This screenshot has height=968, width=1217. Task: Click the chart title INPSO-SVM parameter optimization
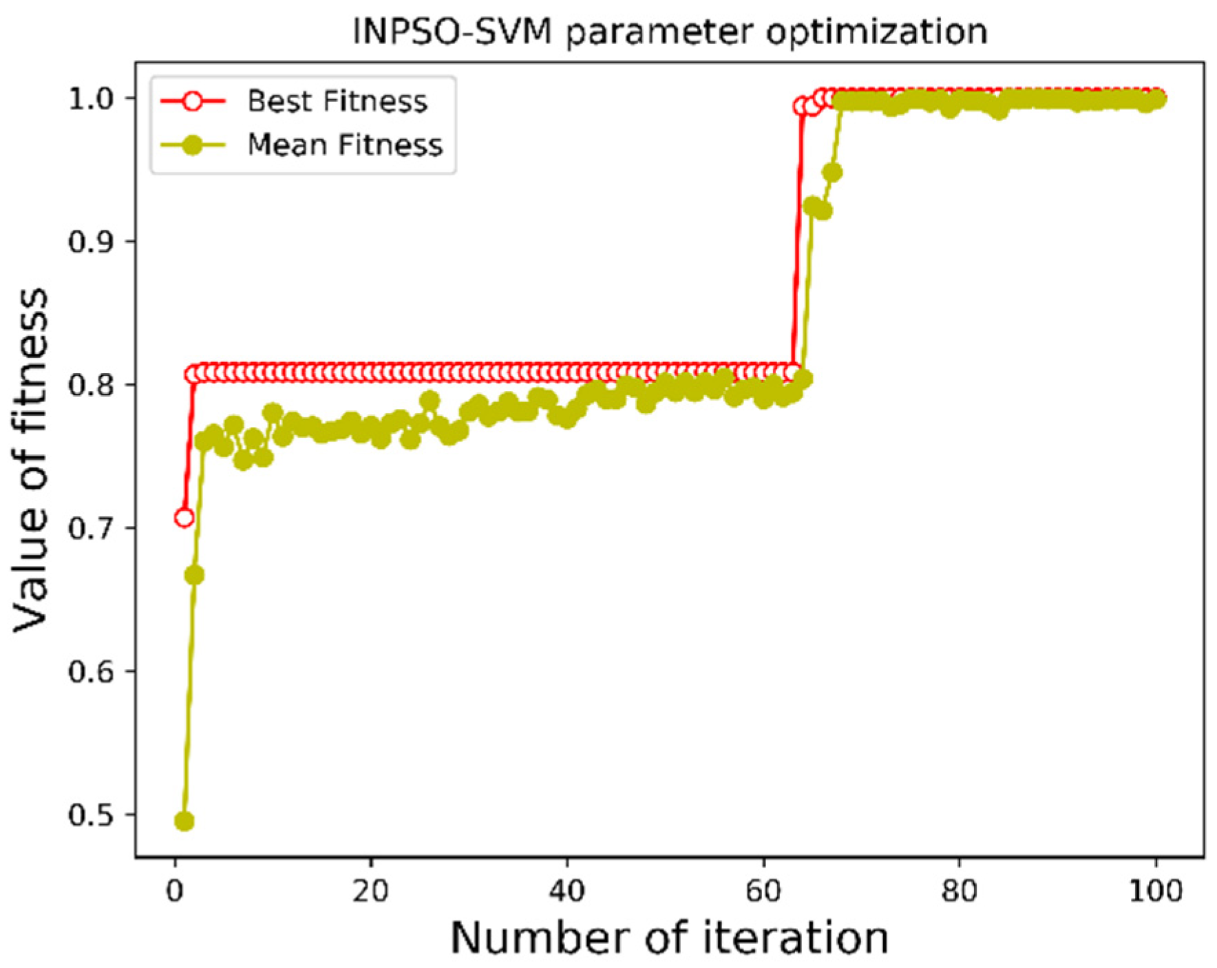pyautogui.click(x=670, y=32)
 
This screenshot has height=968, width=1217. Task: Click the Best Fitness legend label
pyautogui.click(x=337, y=101)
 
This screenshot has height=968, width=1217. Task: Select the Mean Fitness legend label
pyautogui.click(x=345, y=145)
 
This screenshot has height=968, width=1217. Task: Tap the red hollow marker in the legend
pyautogui.click(x=193, y=101)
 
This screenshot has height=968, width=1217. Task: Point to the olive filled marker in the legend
pyautogui.click(x=193, y=145)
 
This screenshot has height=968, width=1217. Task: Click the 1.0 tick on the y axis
pyautogui.click(x=91, y=98)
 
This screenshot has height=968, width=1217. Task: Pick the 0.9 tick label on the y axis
pyautogui.click(x=91, y=242)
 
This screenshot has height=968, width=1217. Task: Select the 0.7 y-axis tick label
pyautogui.click(x=91, y=528)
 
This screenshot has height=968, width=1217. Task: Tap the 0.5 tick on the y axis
pyautogui.click(x=91, y=815)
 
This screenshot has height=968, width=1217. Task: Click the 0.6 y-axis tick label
pyautogui.click(x=91, y=671)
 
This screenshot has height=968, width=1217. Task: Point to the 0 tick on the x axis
pyautogui.click(x=175, y=891)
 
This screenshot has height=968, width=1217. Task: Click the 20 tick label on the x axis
pyautogui.click(x=370, y=891)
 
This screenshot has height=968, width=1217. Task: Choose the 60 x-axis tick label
pyautogui.click(x=763, y=891)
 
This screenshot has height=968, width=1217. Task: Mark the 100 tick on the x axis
pyautogui.click(x=1155, y=891)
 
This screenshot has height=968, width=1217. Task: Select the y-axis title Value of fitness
pyautogui.click(x=32, y=460)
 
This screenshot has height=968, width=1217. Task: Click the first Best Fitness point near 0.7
pyautogui.click(x=184, y=518)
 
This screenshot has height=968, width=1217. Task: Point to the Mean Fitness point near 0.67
pyautogui.click(x=194, y=575)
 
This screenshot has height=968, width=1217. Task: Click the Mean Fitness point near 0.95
pyautogui.click(x=833, y=172)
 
